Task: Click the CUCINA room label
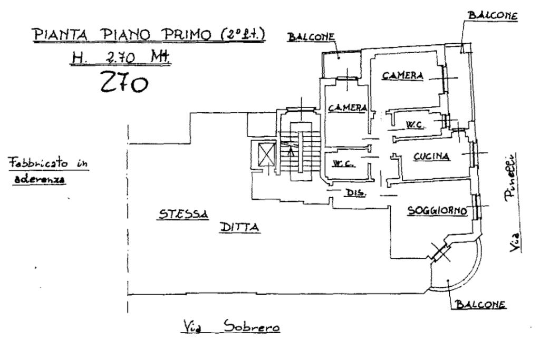(431, 157)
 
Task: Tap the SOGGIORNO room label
(437, 210)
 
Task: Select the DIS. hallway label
(355, 193)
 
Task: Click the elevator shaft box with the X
(267, 154)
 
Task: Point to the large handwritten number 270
(124, 82)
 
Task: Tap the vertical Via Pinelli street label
(514, 202)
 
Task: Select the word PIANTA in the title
(61, 34)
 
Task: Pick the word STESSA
(183, 214)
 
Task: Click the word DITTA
(239, 227)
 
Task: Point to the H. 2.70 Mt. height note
(121, 57)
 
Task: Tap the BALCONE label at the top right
(493, 15)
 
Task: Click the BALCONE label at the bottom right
(481, 304)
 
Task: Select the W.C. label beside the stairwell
(343, 164)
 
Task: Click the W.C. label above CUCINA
(414, 124)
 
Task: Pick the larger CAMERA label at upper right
(402, 75)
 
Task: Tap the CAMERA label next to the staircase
(348, 108)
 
